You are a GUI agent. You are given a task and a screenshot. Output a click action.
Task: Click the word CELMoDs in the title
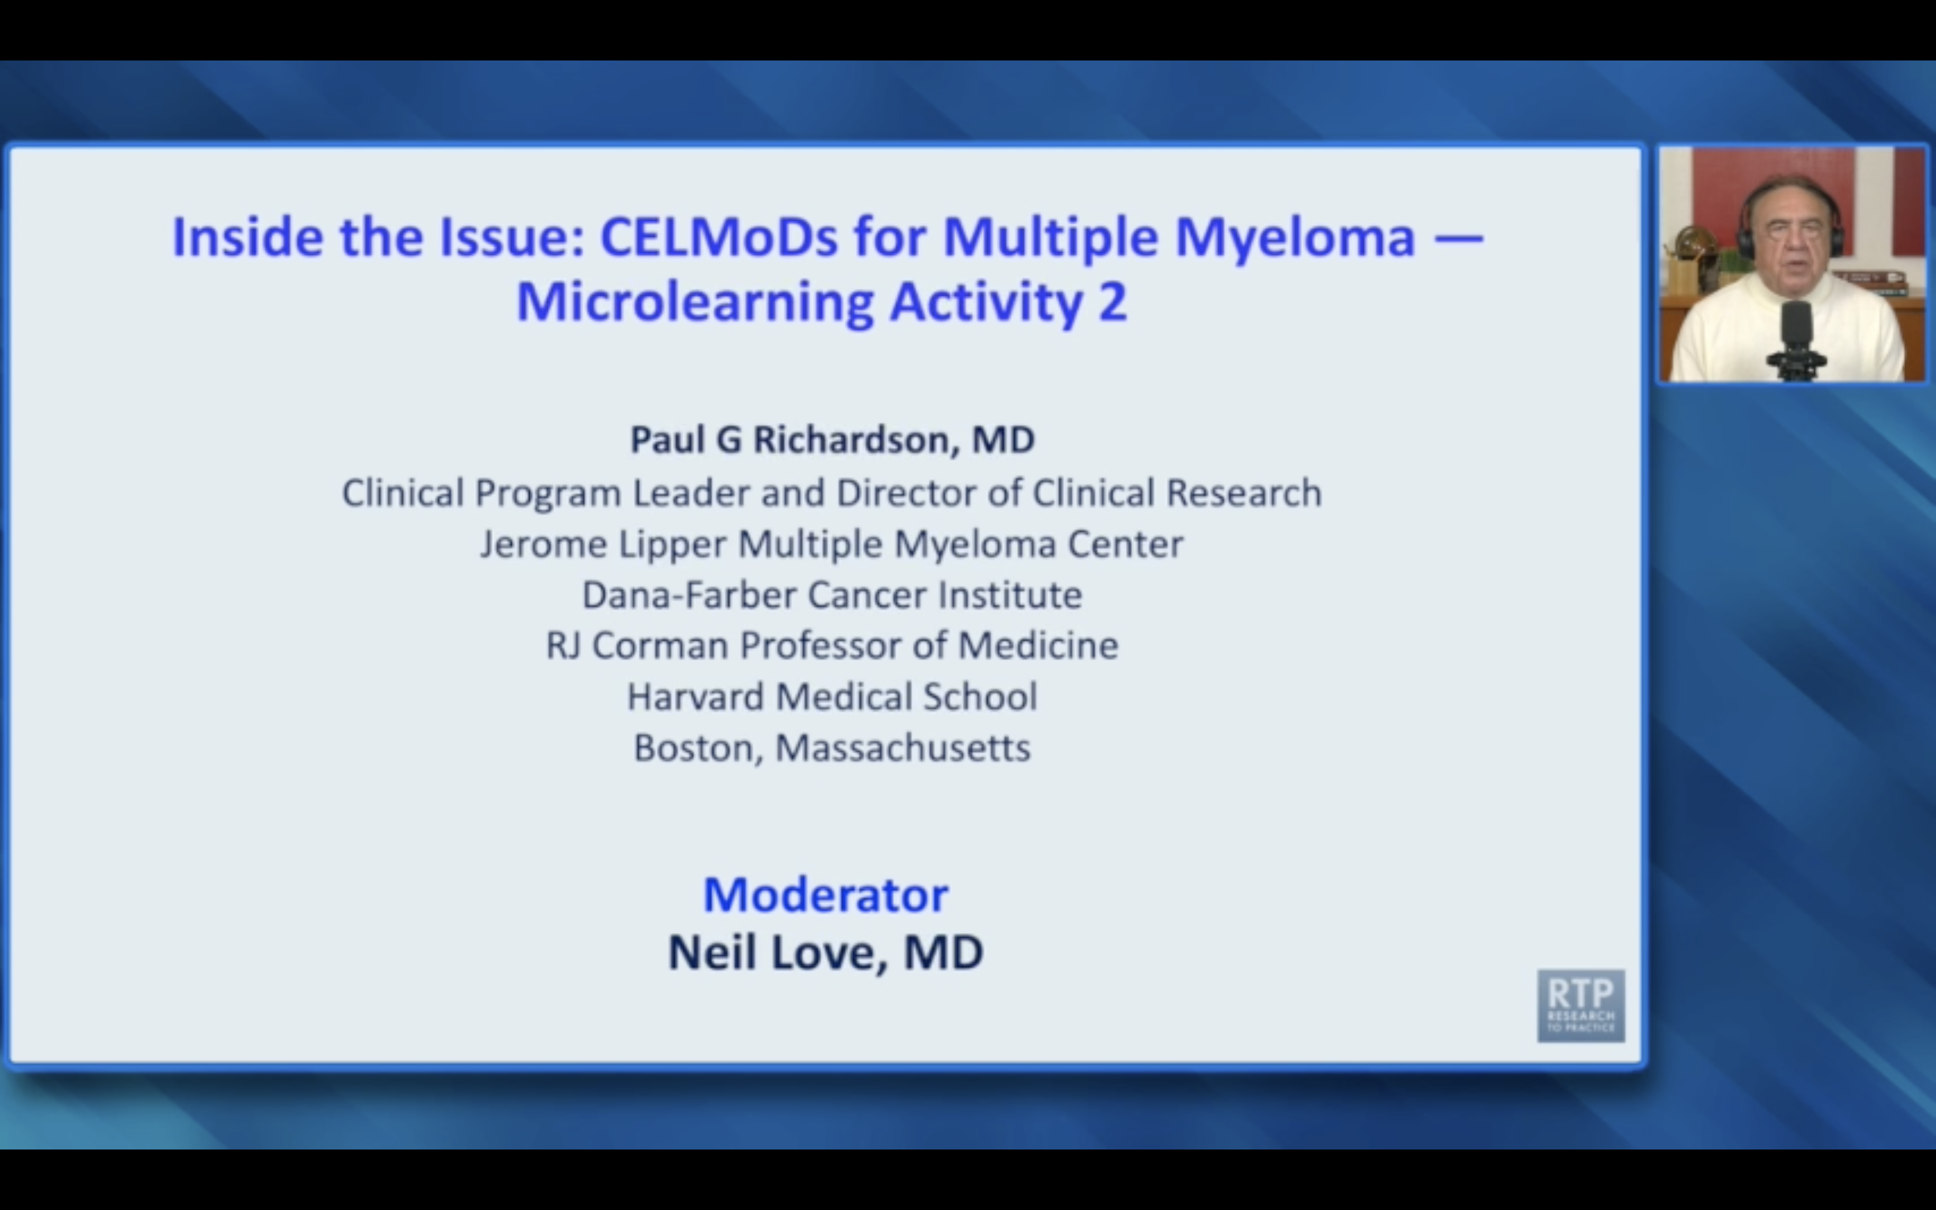tap(719, 238)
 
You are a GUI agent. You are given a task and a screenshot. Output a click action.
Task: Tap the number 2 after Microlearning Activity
tap(1112, 302)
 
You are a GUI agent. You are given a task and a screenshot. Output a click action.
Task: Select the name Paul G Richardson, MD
tap(832, 440)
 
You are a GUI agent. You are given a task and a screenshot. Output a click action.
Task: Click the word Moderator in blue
tap(825, 894)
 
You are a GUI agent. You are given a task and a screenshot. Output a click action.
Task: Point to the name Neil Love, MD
tap(825, 953)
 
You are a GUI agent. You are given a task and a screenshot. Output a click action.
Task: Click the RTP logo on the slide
tap(1580, 1005)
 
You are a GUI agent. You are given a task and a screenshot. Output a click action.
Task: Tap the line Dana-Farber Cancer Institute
tap(832, 595)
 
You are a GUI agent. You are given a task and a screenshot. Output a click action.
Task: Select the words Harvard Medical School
tap(832, 696)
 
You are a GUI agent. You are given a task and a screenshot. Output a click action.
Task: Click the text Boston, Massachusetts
tap(832, 748)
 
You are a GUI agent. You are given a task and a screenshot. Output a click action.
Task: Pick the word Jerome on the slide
tap(544, 544)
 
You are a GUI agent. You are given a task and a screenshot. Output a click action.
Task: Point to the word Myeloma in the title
tap(1295, 238)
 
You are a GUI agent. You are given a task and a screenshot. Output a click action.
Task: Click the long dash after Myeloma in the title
tap(1459, 238)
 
